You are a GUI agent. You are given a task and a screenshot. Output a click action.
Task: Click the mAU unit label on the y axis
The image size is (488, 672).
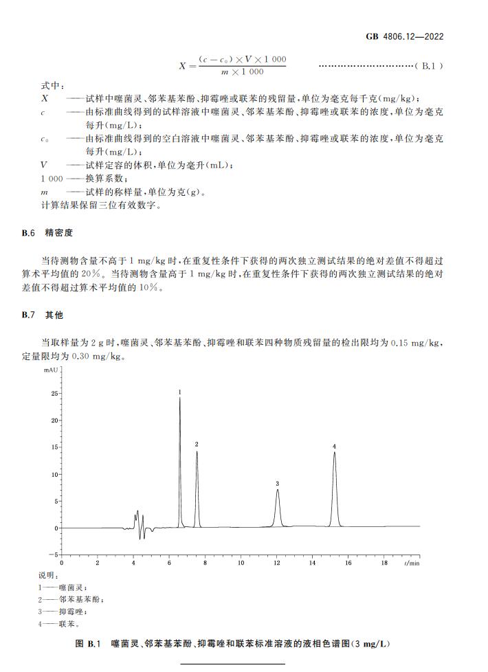pyautogui.click(x=52, y=370)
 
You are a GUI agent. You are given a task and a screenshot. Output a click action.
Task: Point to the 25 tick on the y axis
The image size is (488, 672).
pyautogui.click(x=54, y=394)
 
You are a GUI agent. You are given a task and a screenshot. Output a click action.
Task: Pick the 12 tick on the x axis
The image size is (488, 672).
pyautogui.click(x=277, y=563)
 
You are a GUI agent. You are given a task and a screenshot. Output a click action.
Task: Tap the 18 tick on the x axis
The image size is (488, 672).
pyautogui.click(x=384, y=563)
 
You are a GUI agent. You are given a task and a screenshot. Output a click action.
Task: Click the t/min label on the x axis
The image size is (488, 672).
pyautogui.click(x=412, y=563)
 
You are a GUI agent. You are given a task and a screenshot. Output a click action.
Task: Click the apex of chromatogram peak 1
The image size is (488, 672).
pyautogui.click(x=180, y=399)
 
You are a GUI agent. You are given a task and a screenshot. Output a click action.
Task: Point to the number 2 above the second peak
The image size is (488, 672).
pyautogui.click(x=197, y=445)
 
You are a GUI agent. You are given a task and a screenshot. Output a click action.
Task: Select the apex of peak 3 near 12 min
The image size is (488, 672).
pyautogui.click(x=278, y=490)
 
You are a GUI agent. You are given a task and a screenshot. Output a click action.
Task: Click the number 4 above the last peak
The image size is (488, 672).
pyautogui.click(x=335, y=447)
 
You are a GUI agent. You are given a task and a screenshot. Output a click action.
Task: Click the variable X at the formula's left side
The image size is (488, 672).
pyautogui.click(x=182, y=67)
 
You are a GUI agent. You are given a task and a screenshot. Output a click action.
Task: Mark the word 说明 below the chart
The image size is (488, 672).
pyautogui.click(x=48, y=574)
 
